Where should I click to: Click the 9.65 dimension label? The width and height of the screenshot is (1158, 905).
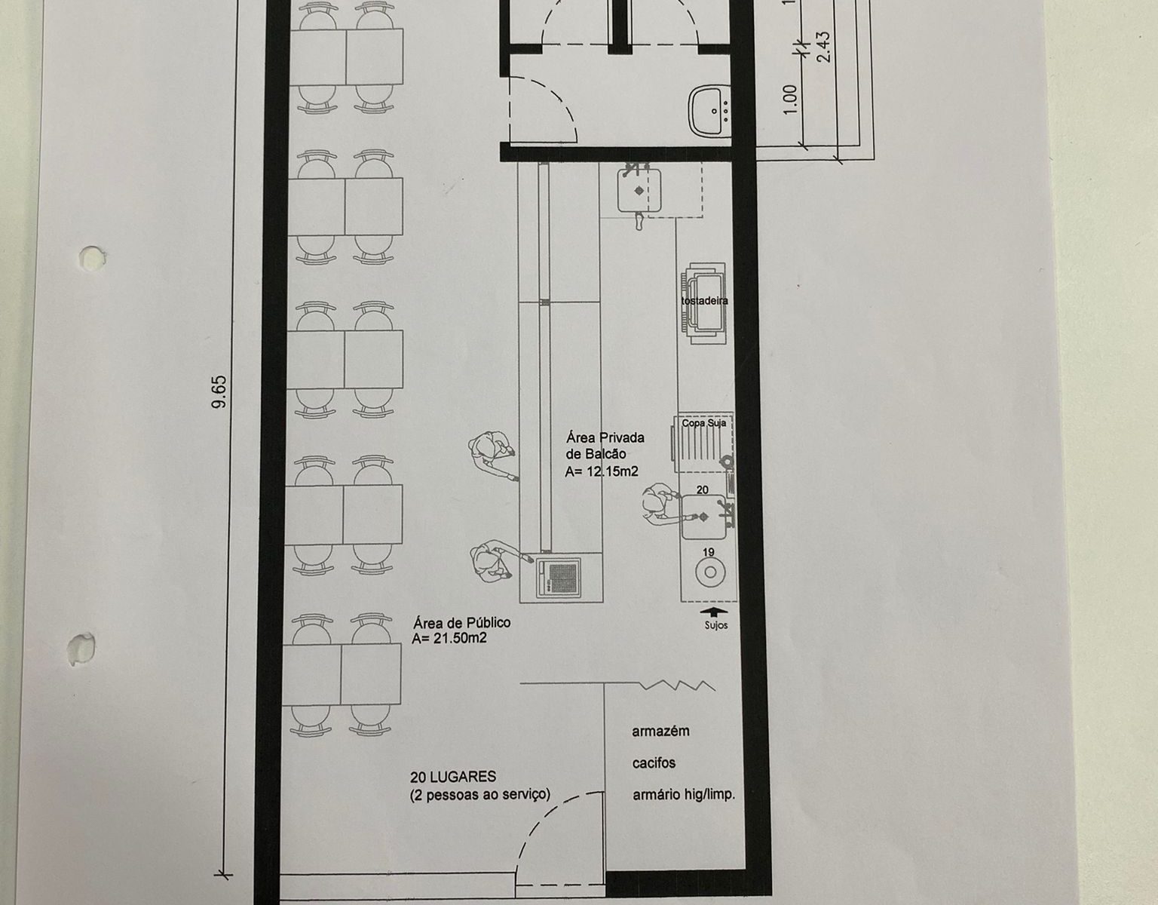point(219,392)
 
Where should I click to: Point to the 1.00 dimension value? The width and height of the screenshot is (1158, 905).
point(790,99)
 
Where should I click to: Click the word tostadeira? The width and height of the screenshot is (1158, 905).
point(704,301)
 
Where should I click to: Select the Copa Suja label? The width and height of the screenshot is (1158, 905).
point(704,423)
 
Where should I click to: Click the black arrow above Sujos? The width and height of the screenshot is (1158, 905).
point(713,612)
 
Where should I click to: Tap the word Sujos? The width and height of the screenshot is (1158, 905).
point(715,625)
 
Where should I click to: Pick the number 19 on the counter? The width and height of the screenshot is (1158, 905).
point(708,552)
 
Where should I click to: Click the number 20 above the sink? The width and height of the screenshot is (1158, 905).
point(703,489)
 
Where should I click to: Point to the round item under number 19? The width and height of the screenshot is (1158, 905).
point(710,572)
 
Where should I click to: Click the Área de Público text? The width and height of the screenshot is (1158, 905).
point(461,622)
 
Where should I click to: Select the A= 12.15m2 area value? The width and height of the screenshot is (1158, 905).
point(602,471)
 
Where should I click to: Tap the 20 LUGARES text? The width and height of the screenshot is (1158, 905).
point(453,777)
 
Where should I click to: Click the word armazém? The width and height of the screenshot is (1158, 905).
point(661,731)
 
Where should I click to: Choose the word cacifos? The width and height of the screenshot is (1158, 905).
point(654,762)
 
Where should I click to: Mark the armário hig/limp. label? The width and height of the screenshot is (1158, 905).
point(684,795)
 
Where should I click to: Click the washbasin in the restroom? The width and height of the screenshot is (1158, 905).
point(710,112)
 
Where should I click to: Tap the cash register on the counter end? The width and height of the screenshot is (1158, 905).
point(558,577)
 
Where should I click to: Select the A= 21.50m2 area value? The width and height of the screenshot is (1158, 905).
point(449,638)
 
